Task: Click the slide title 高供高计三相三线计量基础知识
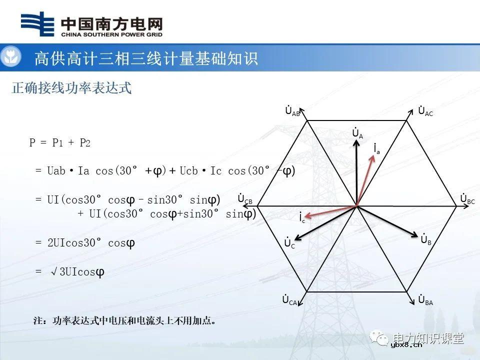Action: pos(146,58)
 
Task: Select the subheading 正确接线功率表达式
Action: pos(71,88)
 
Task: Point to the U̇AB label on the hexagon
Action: pos(292,111)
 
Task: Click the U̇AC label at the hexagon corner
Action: pos(425,111)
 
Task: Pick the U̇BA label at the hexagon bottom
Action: pos(425,300)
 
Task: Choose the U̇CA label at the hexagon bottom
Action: pos(290,300)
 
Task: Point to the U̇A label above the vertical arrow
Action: pos(357,133)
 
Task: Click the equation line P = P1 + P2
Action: pos(60,143)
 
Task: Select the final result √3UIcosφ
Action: pos(77,272)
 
